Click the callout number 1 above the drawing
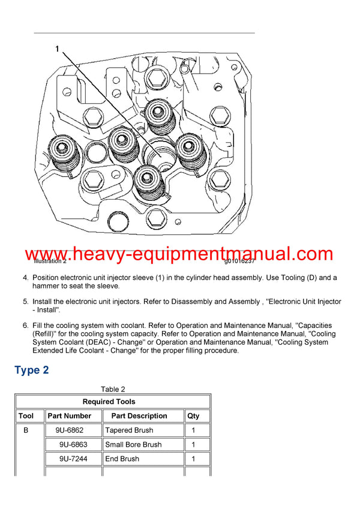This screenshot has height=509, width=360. click(x=58, y=49)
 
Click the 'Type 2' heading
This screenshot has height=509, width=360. click(x=32, y=370)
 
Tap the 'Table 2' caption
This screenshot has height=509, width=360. click(x=113, y=389)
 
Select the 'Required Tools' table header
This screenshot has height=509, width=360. click(x=113, y=402)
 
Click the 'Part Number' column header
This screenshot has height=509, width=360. click(x=70, y=415)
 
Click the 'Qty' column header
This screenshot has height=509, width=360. click(x=193, y=415)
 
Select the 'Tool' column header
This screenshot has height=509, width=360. click(x=26, y=415)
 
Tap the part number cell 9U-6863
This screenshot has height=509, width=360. click(x=73, y=444)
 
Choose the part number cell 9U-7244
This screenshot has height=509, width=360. click(x=73, y=459)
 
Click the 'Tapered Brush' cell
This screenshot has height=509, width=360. click(x=129, y=430)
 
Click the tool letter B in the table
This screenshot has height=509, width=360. click(x=25, y=430)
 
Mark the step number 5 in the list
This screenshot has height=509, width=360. click(x=25, y=302)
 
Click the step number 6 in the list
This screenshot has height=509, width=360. click(x=25, y=326)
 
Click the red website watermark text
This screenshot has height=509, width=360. click(x=179, y=254)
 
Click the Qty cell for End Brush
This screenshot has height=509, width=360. click(x=193, y=459)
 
